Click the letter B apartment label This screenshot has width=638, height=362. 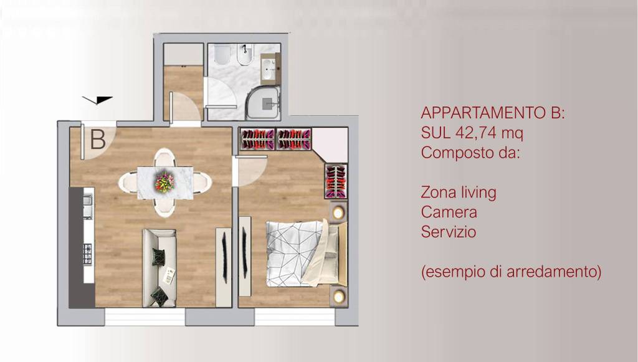(x=98, y=139)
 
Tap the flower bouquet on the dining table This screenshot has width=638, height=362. (x=164, y=182)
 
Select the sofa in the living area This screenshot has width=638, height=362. (x=159, y=267)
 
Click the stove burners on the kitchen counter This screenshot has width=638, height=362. (x=88, y=253)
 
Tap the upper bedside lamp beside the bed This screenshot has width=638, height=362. (x=338, y=212)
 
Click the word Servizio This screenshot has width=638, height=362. (x=449, y=232)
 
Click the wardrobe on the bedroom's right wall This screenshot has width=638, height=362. (x=335, y=180)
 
